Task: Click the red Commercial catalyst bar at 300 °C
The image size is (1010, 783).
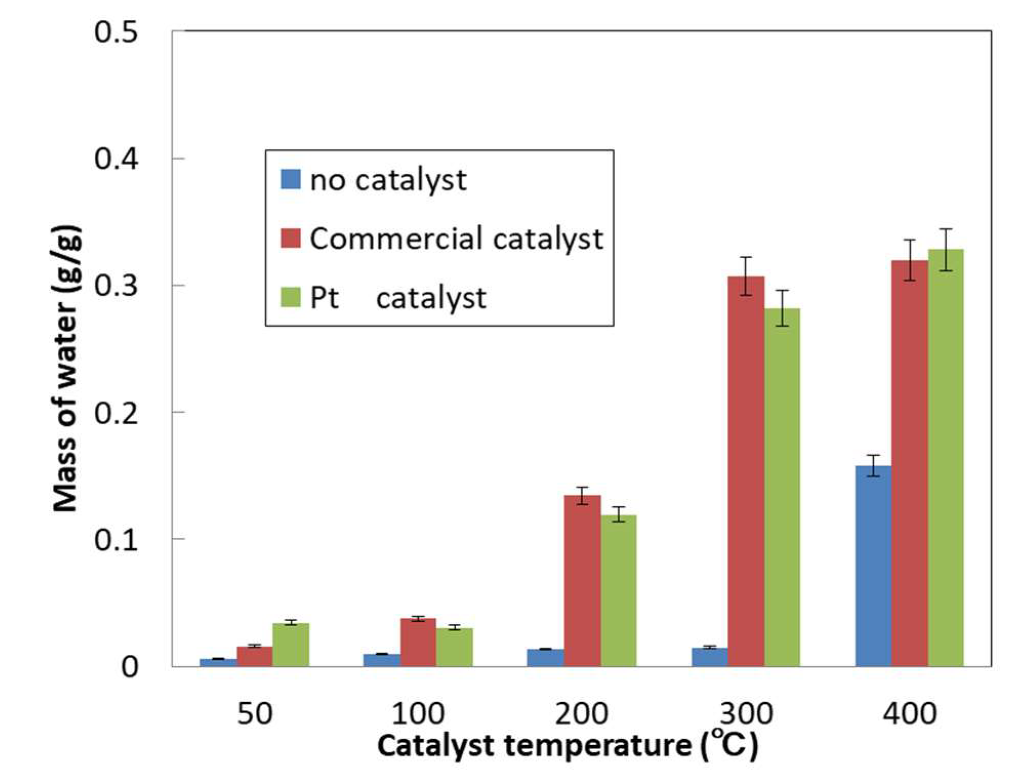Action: click(x=746, y=471)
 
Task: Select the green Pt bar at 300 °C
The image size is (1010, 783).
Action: click(x=782, y=487)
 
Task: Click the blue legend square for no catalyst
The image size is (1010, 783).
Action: click(x=291, y=179)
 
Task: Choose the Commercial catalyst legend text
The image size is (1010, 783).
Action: click(x=456, y=239)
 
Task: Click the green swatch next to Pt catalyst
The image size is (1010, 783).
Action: click(x=291, y=297)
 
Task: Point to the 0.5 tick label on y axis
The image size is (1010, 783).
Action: click(x=116, y=32)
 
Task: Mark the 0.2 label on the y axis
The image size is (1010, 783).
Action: click(x=116, y=413)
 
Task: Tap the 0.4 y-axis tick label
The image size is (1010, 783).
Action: click(x=116, y=159)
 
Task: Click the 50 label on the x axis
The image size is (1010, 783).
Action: click(x=254, y=713)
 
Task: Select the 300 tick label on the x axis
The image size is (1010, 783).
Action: click(x=746, y=713)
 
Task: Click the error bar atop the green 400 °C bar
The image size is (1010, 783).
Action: click(x=946, y=249)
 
